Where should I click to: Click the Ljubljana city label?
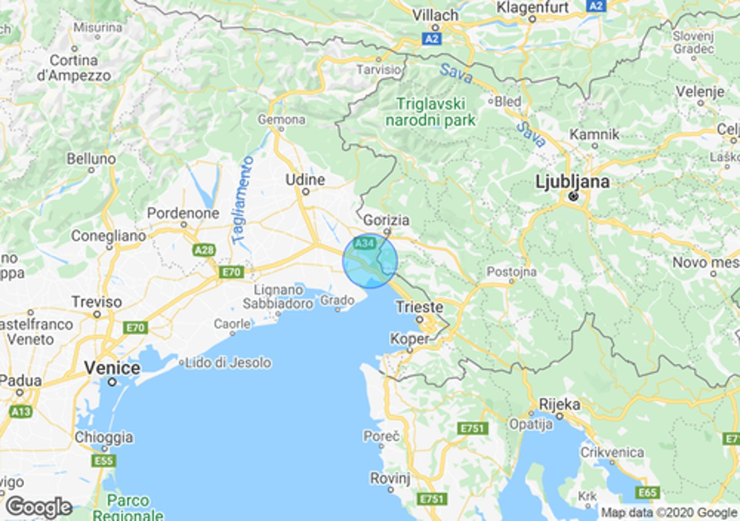point(572,182)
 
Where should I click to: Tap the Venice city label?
point(112,368)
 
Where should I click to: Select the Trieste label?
point(419,307)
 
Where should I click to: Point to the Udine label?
point(305,179)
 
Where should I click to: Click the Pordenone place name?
point(183,213)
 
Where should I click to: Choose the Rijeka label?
point(560,404)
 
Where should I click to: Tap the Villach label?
point(435,15)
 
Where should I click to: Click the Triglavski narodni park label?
point(431,112)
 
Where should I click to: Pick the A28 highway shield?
point(204,250)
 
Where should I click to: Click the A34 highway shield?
point(365,243)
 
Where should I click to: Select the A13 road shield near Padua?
point(21,411)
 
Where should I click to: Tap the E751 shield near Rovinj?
point(432,498)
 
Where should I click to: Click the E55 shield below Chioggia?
point(103,460)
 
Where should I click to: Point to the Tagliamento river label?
point(243,201)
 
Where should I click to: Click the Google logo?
point(39,507)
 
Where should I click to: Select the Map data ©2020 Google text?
point(669,512)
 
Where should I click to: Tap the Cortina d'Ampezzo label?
point(74,68)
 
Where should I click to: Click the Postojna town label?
point(511,272)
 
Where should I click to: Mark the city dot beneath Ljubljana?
point(573,196)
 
